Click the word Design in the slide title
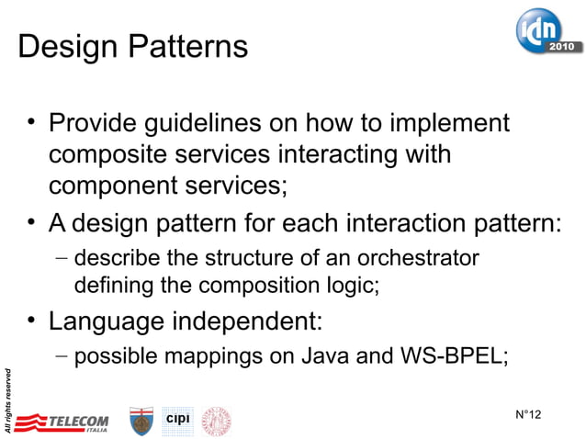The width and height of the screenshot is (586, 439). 62,47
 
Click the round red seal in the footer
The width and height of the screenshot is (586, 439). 217,421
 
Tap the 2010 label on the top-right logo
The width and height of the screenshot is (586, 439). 562,45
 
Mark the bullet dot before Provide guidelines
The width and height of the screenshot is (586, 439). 31,123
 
